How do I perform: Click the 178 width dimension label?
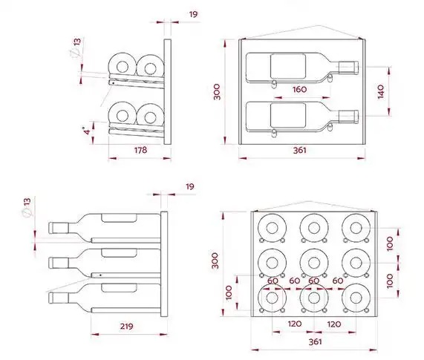point(140,150)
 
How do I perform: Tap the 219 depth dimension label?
point(126,326)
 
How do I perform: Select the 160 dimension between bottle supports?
point(299,89)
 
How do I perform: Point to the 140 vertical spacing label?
point(381,91)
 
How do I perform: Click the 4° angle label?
point(87,131)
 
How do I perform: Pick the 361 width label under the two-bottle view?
point(299,150)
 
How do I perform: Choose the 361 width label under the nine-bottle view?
point(316,342)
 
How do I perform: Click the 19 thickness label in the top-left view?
point(193,14)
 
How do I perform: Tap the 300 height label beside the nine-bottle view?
point(215,261)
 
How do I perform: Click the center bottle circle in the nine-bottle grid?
point(314,263)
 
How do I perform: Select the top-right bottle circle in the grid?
point(356,228)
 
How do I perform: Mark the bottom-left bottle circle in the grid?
point(272,298)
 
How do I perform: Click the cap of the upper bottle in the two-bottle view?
point(349,68)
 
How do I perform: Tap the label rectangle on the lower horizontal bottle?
point(288,115)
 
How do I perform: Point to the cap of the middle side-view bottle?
point(59,263)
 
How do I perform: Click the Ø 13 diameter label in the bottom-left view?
point(27,208)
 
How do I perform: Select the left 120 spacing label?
point(295,324)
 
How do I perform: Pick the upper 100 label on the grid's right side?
point(390,243)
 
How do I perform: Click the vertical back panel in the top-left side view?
point(167,92)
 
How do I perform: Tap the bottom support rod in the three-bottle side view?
point(126,310)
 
